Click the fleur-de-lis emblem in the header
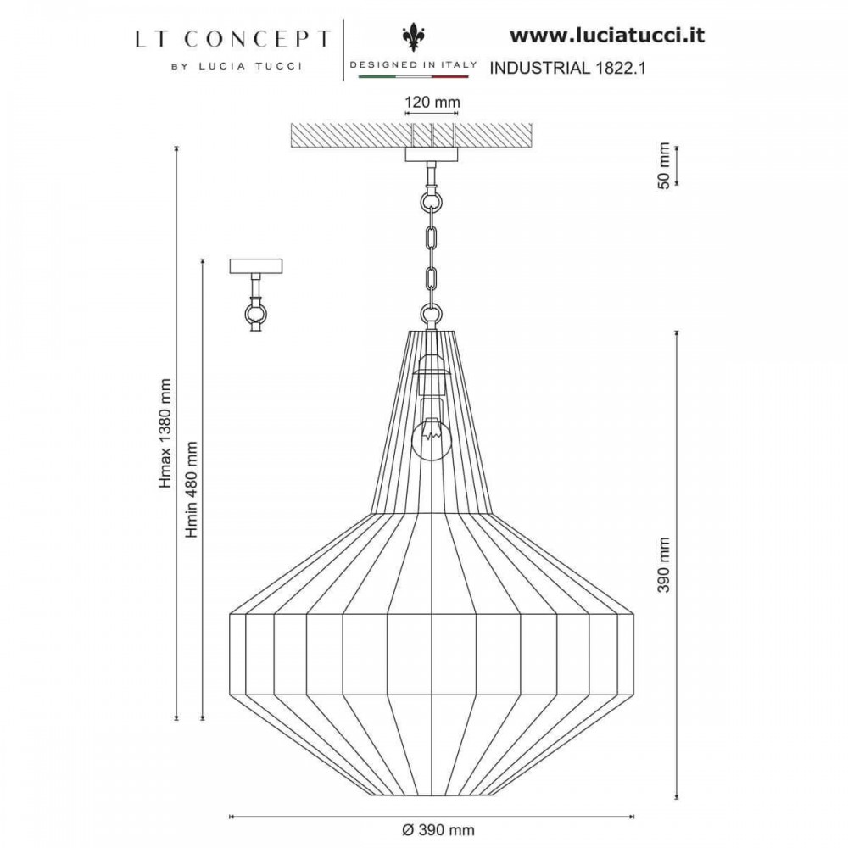click(x=413, y=38)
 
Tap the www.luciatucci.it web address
click(x=607, y=36)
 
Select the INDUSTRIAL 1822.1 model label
click(x=567, y=68)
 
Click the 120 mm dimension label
click(x=432, y=102)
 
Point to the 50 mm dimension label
click(x=664, y=165)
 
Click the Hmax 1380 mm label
click(x=165, y=433)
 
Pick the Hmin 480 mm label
click(x=191, y=489)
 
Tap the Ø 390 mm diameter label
click(x=438, y=829)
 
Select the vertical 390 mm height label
click(x=664, y=565)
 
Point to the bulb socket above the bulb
click(x=431, y=372)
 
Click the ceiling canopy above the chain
click(x=432, y=154)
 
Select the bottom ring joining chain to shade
click(x=431, y=314)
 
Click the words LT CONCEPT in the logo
click(x=232, y=40)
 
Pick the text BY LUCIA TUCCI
click(x=237, y=66)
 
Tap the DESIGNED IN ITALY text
click(x=414, y=64)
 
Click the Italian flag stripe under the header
click(x=414, y=77)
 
